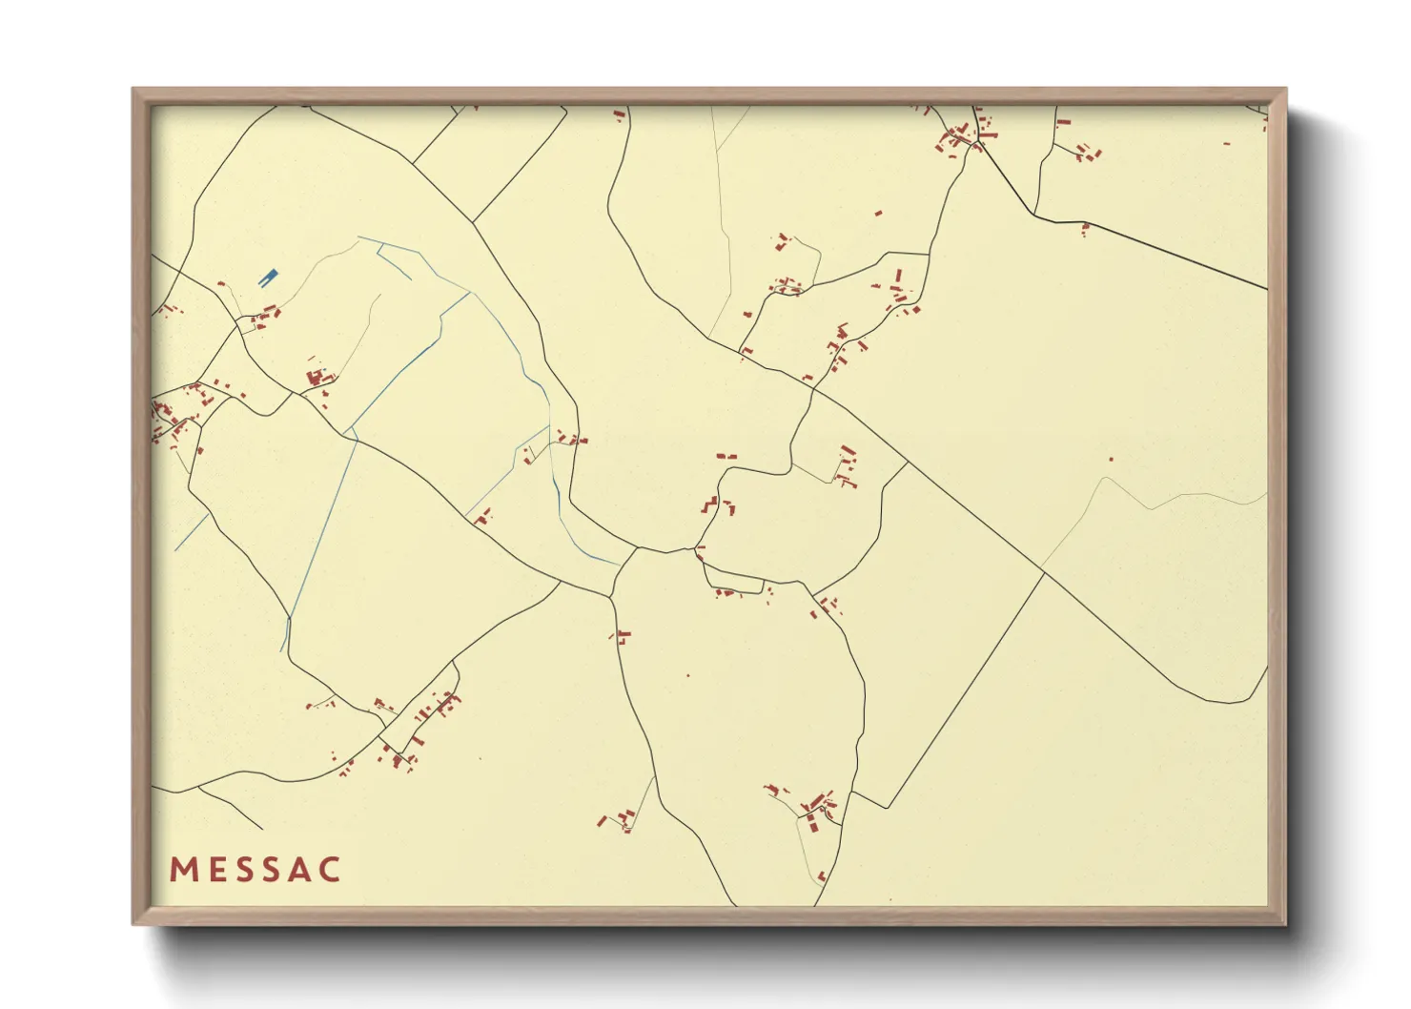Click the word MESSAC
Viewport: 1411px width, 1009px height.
pos(256,869)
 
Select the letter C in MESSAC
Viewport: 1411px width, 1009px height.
pos(330,869)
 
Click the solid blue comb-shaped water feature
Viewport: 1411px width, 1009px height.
pos(268,278)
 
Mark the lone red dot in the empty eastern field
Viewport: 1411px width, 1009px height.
pos(1111,459)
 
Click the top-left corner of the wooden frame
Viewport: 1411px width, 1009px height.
pos(133,89)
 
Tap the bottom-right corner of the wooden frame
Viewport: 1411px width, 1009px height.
pos(1285,923)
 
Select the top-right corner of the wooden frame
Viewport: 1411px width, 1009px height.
pos(1285,89)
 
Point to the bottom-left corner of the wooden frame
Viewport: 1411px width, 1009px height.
pos(133,923)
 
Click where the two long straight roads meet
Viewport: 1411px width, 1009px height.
pos(1044,573)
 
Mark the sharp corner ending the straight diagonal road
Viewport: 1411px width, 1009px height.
pos(888,809)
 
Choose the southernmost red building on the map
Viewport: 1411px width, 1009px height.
pos(822,875)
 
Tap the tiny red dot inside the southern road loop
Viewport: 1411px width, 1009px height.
pos(688,675)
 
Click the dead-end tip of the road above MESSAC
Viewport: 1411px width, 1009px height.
pos(261,829)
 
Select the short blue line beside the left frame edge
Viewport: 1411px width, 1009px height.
pos(191,532)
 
